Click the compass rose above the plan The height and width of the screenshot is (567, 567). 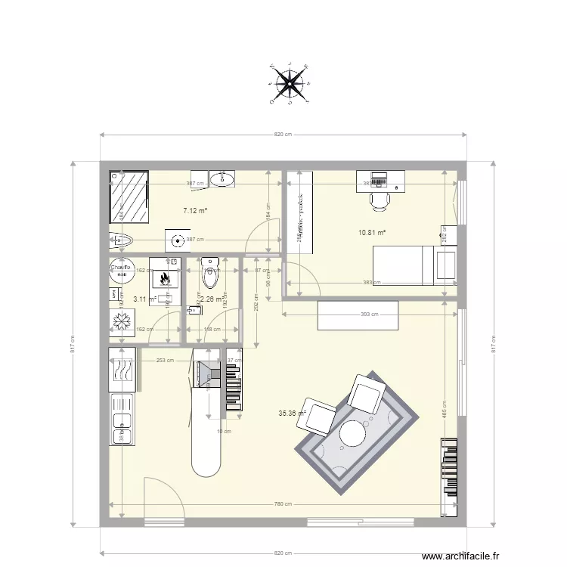[x=288, y=83]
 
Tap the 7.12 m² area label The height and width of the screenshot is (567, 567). [x=195, y=212]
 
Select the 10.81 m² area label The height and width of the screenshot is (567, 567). [x=372, y=233]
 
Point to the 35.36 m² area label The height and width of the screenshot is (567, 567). [x=292, y=414]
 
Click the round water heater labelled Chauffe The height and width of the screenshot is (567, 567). [x=119, y=271]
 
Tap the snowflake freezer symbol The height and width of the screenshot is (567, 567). [x=121, y=321]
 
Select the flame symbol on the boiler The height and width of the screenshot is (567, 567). [x=164, y=279]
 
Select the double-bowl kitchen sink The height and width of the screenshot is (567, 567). [x=122, y=428]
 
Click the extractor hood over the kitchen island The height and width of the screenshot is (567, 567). [x=205, y=373]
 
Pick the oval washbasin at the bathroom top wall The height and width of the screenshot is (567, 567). [x=223, y=178]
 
